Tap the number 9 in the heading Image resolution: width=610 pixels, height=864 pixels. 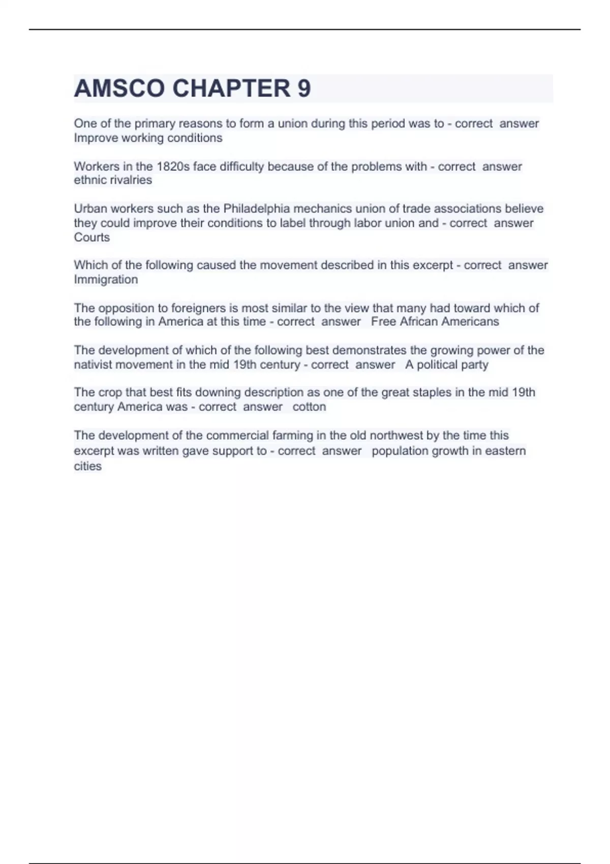pos(304,88)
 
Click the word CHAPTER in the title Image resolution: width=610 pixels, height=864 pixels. pos(231,88)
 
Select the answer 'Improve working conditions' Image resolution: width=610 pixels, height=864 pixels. pos(148,138)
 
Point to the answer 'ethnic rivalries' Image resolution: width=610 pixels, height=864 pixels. pos(113,180)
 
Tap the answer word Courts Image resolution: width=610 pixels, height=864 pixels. pos(91,237)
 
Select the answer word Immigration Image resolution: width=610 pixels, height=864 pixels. pos(106,280)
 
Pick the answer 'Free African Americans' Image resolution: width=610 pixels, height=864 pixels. pos(435,322)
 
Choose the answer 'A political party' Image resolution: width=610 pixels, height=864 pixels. pos(446,364)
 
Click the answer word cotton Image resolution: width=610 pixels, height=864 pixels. pos(309,407)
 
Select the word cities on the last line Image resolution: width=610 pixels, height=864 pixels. pos(87,466)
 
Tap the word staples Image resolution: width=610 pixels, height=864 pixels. pos(434,392)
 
